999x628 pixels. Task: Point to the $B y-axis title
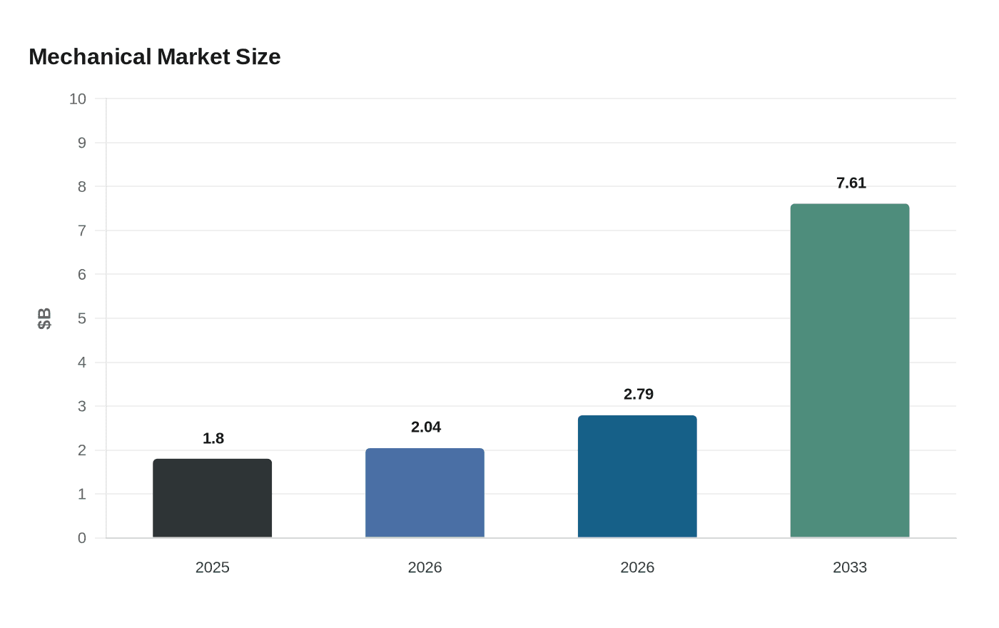(x=44, y=318)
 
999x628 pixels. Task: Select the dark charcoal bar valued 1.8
(x=212, y=498)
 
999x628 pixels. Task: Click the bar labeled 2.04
(x=425, y=493)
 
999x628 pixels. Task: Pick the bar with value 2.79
(x=637, y=477)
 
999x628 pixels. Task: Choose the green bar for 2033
(x=850, y=371)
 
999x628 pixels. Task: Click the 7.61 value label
(x=851, y=183)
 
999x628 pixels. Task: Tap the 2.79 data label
(x=639, y=395)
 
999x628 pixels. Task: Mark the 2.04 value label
(x=426, y=427)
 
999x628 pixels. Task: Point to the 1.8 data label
(x=213, y=439)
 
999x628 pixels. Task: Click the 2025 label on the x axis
(x=213, y=567)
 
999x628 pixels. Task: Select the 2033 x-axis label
(x=850, y=567)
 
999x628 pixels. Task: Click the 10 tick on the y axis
(x=78, y=99)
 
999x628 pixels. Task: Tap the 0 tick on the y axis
(x=82, y=538)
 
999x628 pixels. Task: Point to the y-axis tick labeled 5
(x=82, y=318)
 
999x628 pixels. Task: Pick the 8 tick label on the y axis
(x=82, y=187)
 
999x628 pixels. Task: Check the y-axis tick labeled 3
(x=82, y=406)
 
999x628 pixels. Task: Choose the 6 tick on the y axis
(x=82, y=275)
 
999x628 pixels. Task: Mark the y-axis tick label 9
(x=82, y=143)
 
